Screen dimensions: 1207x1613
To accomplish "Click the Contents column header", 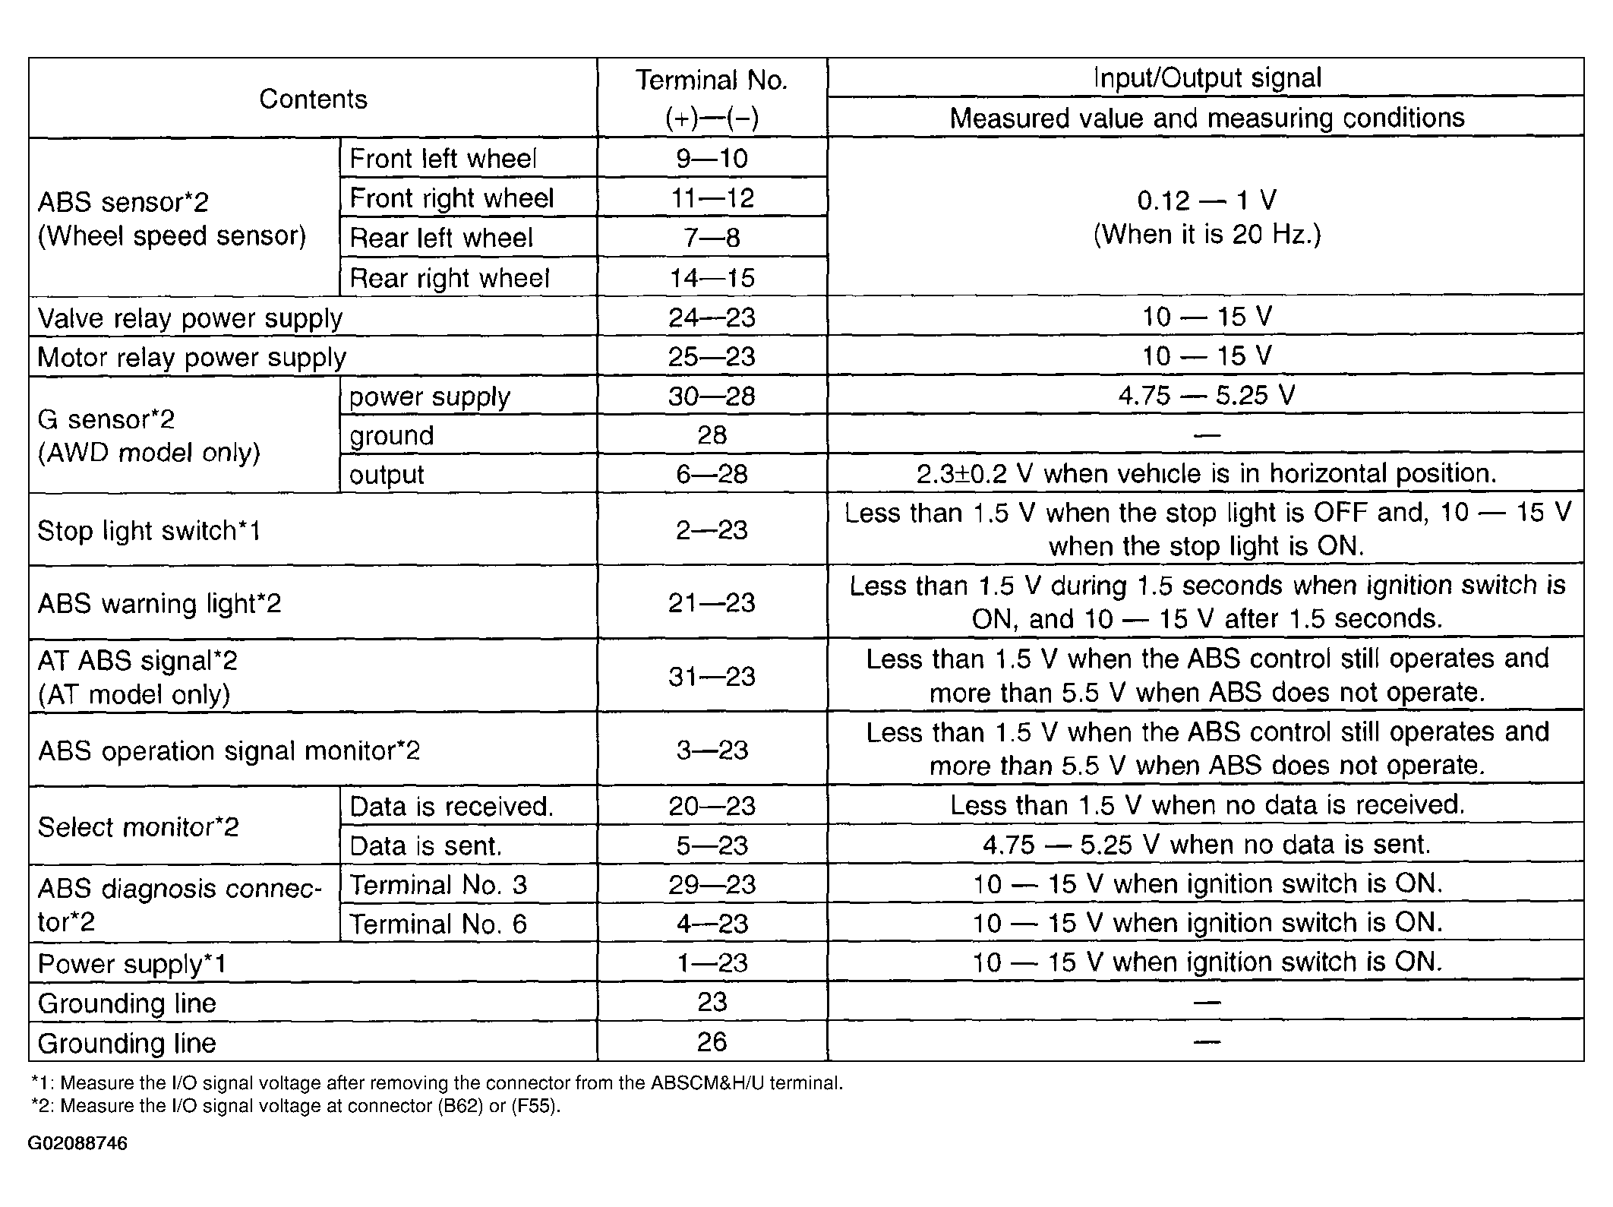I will pyautogui.click(x=313, y=99).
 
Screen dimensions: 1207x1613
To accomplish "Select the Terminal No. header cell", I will pyautogui.click(x=712, y=99).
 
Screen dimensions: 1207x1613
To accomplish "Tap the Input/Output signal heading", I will pyautogui.click(x=1207, y=77).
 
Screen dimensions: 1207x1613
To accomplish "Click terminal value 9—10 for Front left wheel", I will pyautogui.click(x=712, y=158).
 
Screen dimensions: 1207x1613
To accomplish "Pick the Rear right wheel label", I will pyautogui.click(x=449, y=278).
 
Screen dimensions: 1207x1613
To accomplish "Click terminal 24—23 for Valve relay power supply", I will pyautogui.click(x=712, y=317).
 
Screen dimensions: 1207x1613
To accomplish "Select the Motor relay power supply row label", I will pyautogui.click(x=191, y=356).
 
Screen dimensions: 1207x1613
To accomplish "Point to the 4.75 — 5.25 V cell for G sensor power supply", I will pyautogui.click(x=1207, y=395).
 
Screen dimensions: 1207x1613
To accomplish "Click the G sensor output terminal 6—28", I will pyautogui.click(x=712, y=474).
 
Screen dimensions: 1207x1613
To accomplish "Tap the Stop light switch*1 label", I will pyautogui.click(x=149, y=530).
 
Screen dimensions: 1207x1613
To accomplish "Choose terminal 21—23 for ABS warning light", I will pyautogui.click(x=712, y=603).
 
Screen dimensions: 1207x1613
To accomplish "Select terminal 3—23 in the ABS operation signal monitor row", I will pyautogui.click(x=712, y=750).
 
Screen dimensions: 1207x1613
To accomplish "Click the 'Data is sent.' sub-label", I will pyautogui.click(x=425, y=845).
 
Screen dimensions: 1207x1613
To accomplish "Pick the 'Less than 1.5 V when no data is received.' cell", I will pyautogui.click(x=1207, y=805).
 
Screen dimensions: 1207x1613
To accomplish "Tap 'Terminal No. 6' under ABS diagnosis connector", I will pyautogui.click(x=437, y=924).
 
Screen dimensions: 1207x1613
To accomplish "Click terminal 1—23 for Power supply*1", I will pyautogui.click(x=712, y=963).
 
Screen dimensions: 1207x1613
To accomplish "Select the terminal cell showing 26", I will pyautogui.click(x=712, y=1041).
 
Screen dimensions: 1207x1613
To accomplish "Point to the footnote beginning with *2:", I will pyautogui.click(x=295, y=1106).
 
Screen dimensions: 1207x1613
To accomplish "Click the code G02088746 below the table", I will pyautogui.click(x=78, y=1144).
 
